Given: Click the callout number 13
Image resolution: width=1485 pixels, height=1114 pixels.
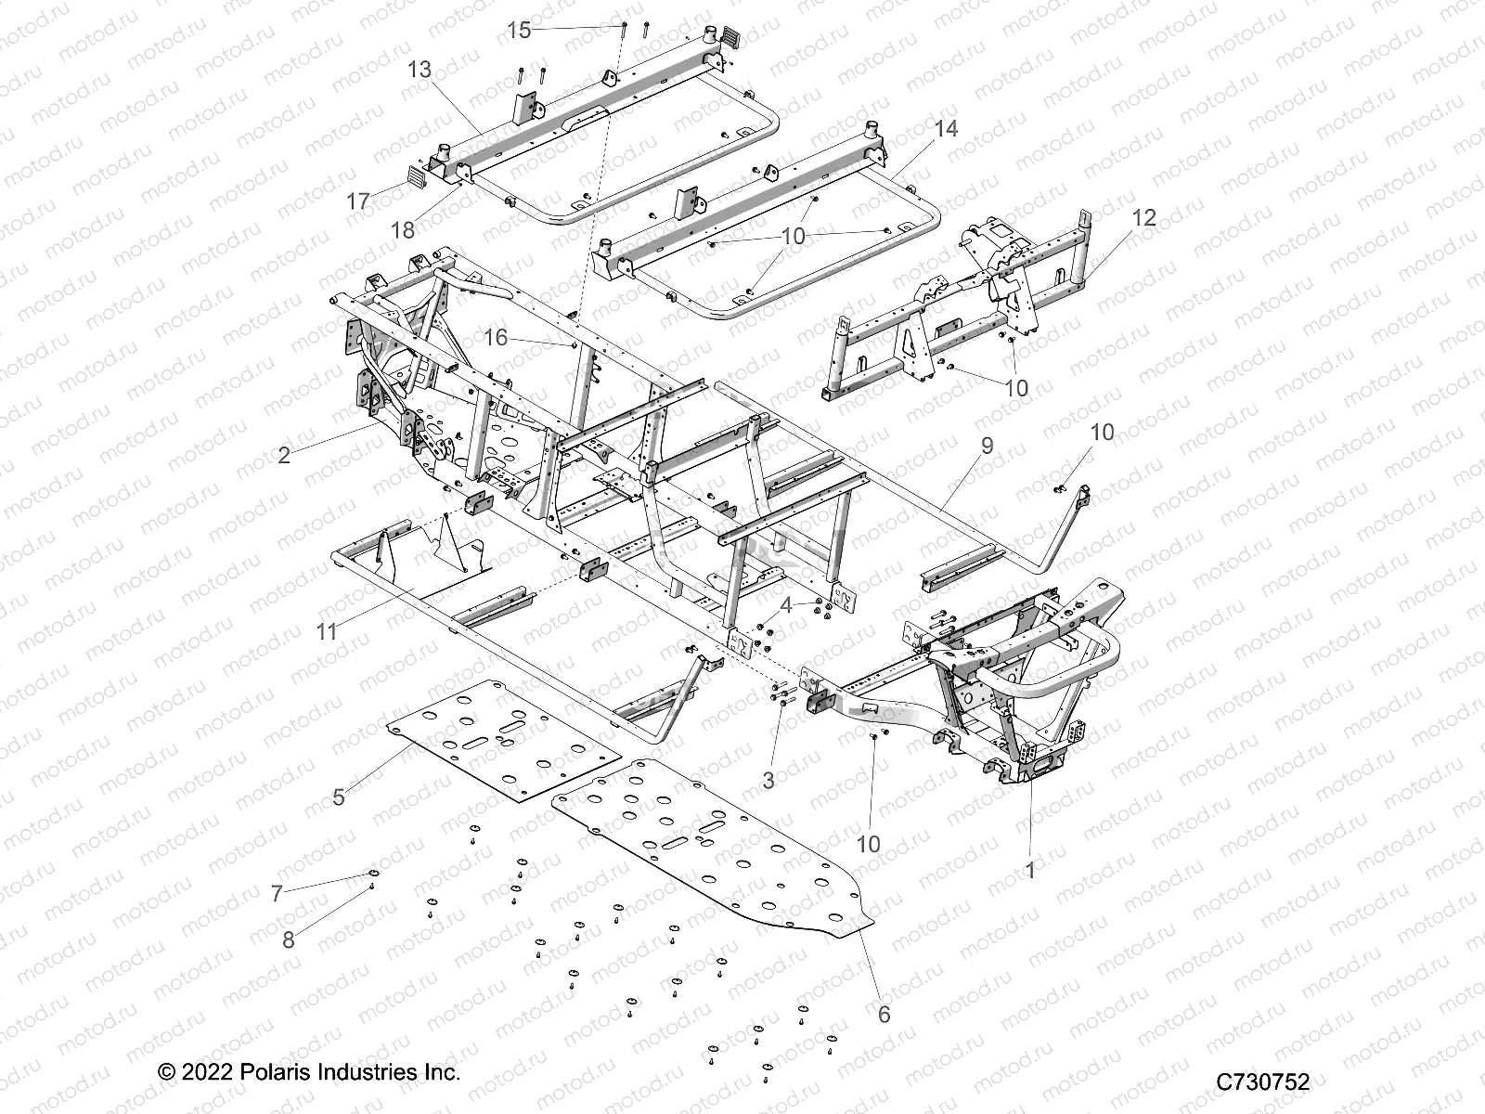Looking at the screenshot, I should click(x=420, y=70).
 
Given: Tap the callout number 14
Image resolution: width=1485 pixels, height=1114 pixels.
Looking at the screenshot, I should click(x=946, y=128).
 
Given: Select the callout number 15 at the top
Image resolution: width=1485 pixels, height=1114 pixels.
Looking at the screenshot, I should click(x=519, y=30).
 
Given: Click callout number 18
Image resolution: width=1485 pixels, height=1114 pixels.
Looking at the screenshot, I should click(x=402, y=227).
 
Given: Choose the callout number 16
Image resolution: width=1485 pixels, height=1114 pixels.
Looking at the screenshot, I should click(x=497, y=337).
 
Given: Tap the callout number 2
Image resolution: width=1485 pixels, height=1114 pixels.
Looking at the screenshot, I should click(x=284, y=455).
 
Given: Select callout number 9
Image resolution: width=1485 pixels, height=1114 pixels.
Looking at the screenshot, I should click(x=987, y=446).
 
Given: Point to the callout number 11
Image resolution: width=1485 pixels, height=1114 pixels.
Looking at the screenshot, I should click(x=326, y=632).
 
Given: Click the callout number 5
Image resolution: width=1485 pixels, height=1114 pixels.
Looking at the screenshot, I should click(x=339, y=797).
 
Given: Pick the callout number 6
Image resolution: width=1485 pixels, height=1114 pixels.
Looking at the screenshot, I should click(x=884, y=1015).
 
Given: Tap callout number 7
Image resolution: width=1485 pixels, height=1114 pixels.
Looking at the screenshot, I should click(x=277, y=894).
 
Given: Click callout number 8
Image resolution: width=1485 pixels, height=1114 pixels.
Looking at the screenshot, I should click(x=289, y=939).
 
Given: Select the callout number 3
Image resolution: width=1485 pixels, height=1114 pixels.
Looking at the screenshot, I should click(x=768, y=781).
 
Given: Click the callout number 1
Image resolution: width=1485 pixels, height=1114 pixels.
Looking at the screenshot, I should click(x=1029, y=870).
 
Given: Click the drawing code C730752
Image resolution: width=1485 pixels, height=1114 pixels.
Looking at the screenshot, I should click(x=1263, y=1082).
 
